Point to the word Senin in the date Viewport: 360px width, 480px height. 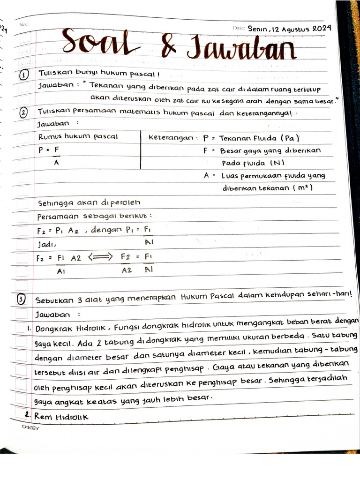click(257, 29)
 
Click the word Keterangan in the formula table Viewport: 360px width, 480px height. click(171, 138)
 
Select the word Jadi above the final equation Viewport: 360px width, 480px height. click(46, 244)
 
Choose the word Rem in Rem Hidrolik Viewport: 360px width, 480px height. click(41, 416)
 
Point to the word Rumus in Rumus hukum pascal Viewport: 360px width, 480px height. click(51, 137)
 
